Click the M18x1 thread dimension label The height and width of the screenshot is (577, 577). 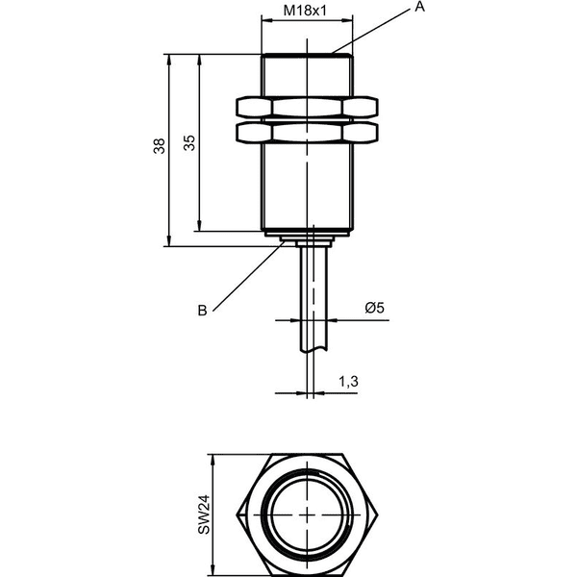[x=305, y=11]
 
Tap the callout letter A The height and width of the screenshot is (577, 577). [x=419, y=7]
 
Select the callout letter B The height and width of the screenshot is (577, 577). [x=202, y=311]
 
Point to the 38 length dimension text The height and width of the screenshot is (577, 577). [x=160, y=146]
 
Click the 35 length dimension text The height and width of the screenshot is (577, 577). [x=189, y=143]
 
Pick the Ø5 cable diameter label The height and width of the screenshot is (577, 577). [x=375, y=308]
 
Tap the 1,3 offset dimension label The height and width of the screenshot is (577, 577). [x=348, y=382]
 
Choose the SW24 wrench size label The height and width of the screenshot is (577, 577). [x=204, y=514]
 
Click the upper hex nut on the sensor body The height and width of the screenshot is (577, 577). [x=307, y=107]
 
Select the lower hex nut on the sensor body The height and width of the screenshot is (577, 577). [x=307, y=133]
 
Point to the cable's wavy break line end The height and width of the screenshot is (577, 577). [x=314, y=350]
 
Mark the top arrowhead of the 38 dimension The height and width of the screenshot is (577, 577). [x=169, y=60]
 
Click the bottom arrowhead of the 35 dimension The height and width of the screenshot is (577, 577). [x=199, y=226]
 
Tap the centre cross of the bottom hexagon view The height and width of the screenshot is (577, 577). [x=307, y=514]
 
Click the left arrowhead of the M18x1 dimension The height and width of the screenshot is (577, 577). [x=266, y=20]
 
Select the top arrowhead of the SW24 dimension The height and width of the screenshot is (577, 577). [x=212, y=460]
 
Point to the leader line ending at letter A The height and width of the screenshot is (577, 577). [x=370, y=31]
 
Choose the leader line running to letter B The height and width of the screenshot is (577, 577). [x=248, y=276]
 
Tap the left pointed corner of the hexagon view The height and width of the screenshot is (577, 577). [x=237, y=514]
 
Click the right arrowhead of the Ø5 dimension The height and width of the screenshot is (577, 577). [x=332, y=320]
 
